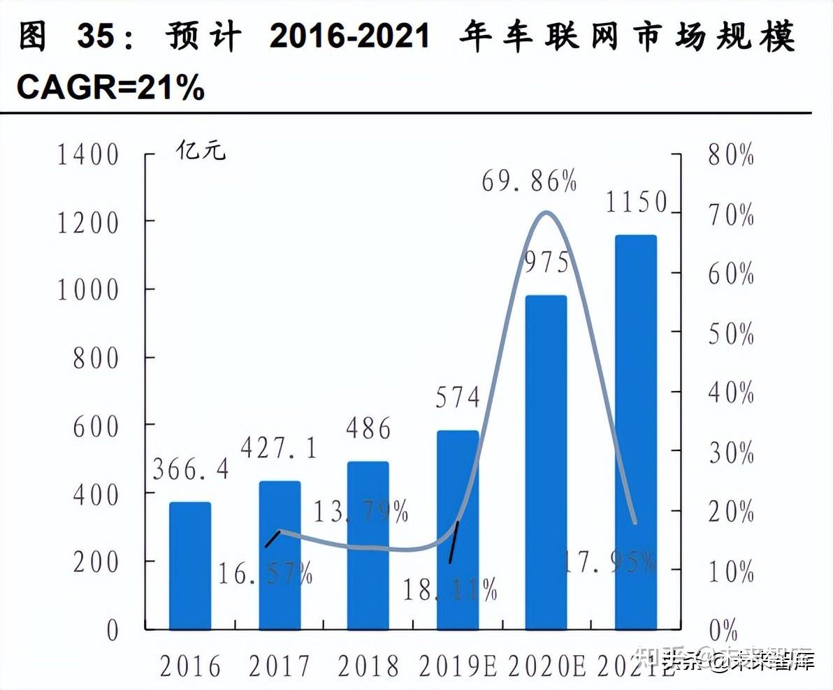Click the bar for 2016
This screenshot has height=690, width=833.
pos(190,566)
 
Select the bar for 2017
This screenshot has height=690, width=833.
pos(280,555)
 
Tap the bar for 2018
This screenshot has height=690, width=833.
pos(368,545)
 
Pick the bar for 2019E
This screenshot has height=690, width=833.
pos(458,530)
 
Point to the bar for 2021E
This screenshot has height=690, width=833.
pos(636,432)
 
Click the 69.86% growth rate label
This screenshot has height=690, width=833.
pos(529,182)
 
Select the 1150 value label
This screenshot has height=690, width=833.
pos(637,203)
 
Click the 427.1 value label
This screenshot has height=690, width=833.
pos(278,448)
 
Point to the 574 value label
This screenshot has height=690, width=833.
pos(458,397)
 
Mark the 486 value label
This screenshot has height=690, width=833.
pos(368,428)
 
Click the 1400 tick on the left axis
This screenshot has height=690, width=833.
pos(88,155)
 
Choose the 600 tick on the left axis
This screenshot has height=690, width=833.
pos(96,427)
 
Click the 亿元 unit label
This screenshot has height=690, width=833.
pos(201,150)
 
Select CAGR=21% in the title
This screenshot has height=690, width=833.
pos(110,88)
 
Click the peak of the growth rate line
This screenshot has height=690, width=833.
pos(547,212)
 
